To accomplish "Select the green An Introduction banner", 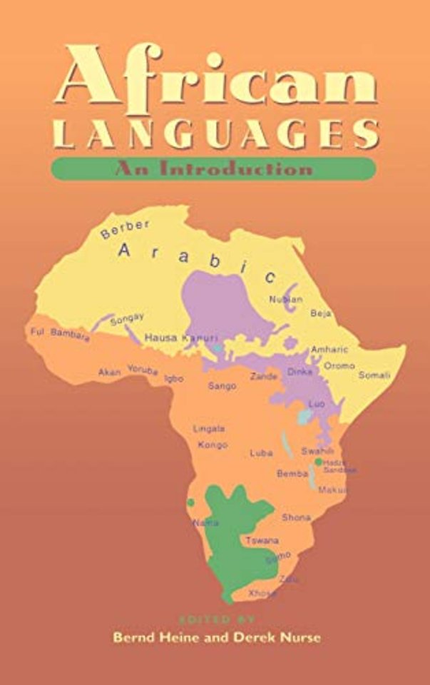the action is pyautogui.click(x=213, y=169).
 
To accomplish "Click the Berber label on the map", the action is pyautogui.click(x=126, y=228).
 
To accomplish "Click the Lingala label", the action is pyautogui.click(x=209, y=429).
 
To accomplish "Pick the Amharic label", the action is pyautogui.click(x=329, y=350).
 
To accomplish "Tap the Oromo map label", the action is pyautogui.click(x=339, y=365).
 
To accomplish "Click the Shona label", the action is pyautogui.click(x=296, y=517).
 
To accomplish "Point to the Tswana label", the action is pyautogui.click(x=262, y=541).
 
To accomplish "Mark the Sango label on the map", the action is pyautogui.click(x=221, y=386).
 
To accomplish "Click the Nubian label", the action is pyautogui.click(x=286, y=299).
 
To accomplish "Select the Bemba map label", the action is pyautogui.click(x=292, y=473).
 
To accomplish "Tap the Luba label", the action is pyautogui.click(x=260, y=452).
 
